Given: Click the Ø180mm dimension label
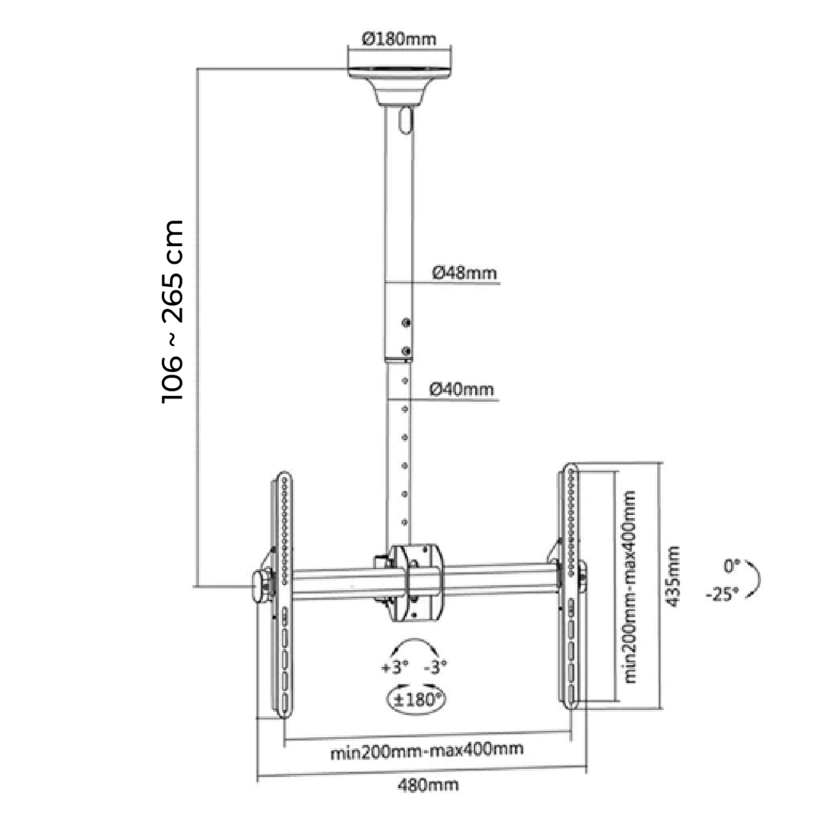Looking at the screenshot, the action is (399, 39).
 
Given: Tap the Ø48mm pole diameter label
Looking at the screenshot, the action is (465, 273).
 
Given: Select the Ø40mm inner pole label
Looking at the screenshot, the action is (461, 389).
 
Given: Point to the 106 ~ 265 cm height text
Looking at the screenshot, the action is (173, 312).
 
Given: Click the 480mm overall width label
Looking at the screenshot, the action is (428, 784).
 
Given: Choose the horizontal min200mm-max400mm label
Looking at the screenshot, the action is (427, 750).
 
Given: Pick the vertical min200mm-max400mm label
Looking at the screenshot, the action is (630, 586).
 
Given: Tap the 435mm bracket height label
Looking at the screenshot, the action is (673, 576).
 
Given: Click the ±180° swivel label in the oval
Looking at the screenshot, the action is (417, 700).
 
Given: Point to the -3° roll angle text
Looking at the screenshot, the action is (436, 667).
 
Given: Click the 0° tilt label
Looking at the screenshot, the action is (732, 566).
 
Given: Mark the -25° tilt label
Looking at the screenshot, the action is (722, 594).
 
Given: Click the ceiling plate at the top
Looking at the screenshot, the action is (399, 73).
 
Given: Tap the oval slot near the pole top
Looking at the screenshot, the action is (406, 120).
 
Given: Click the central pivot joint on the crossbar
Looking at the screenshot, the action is (416, 583).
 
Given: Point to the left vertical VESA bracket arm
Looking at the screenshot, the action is (283, 594).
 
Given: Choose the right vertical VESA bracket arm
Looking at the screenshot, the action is (571, 586).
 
